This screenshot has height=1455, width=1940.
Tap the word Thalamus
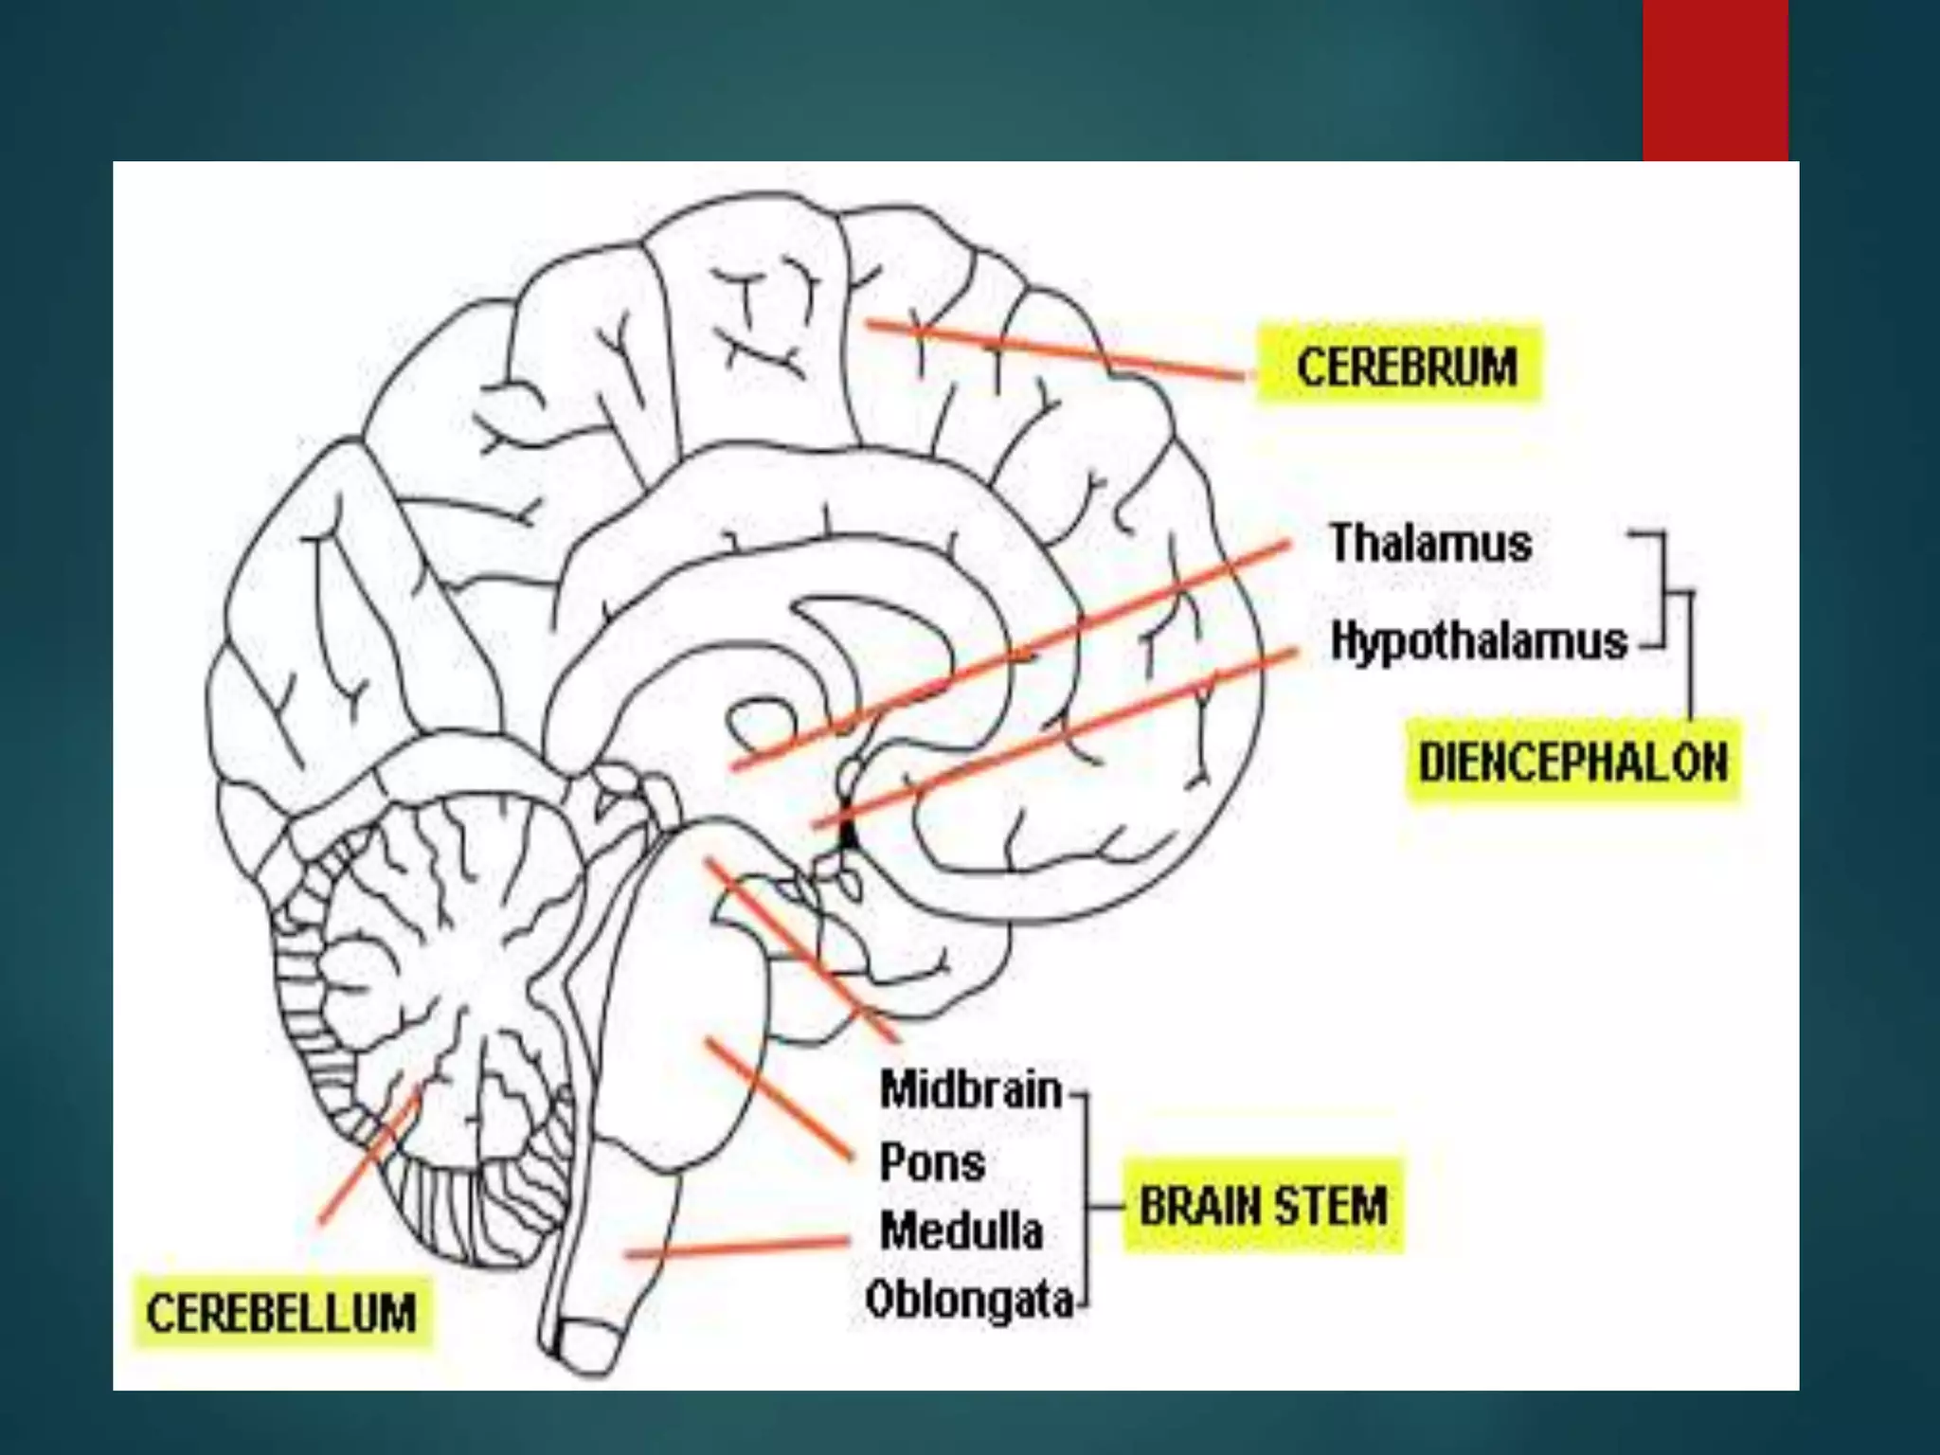click(x=1430, y=544)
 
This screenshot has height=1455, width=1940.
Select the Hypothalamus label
click(x=1479, y=641)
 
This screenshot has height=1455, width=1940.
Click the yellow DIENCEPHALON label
click(x=1572, y=763)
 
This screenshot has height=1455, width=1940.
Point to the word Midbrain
click(x=971, y=1089)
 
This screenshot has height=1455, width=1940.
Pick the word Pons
click(x=932, y=1162)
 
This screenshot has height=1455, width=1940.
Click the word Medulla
click(x=961, y=1231)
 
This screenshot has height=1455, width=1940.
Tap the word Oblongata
click(x=969, y=1300)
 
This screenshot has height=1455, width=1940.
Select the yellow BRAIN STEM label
click(x=1263, y=1207)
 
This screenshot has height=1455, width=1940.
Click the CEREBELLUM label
click(x=281, y=1314)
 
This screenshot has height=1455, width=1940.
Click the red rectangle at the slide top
click(x=1715, y=80)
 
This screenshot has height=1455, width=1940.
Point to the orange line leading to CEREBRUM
click(x=1051, y=350)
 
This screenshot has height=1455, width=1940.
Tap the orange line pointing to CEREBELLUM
click(x=369, y=1156)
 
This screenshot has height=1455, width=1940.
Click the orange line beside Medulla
click(x=739, y=1248)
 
